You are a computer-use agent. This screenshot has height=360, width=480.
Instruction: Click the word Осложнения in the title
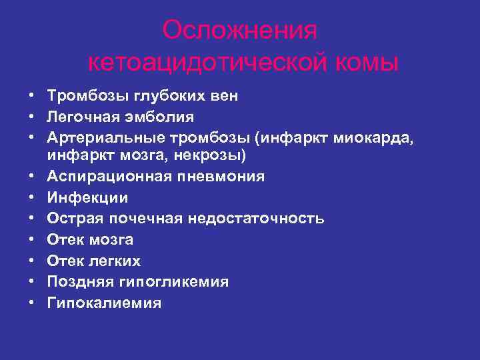[240, 30]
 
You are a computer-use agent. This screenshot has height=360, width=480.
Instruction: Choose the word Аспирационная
[99, 177]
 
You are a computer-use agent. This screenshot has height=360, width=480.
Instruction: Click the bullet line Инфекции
[87, 197]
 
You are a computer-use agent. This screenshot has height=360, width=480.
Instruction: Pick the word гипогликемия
[174, 282]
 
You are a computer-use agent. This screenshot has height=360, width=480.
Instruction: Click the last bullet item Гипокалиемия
[104, 303]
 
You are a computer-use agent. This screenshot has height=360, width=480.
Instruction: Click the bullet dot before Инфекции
[31, 198]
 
